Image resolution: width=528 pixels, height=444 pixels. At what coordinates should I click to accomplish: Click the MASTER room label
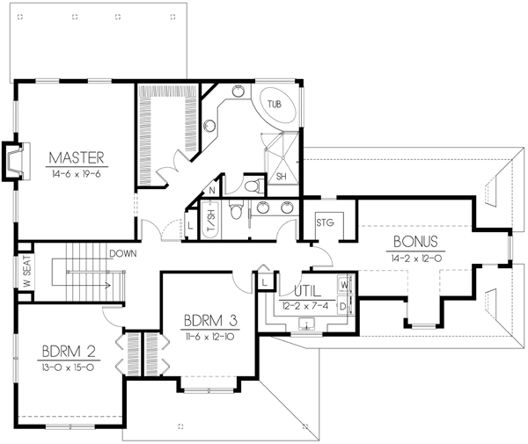pyautogui.click(x=77, y=158)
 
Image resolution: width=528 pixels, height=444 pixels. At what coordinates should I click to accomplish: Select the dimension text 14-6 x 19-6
pyautogui.click(x=77, y=173)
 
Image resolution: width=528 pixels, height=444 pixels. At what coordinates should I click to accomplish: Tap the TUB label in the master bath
pyautogui.click(x=275, y=104)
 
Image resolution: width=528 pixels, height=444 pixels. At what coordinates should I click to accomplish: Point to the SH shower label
pyautogui.click(x=281, y=176)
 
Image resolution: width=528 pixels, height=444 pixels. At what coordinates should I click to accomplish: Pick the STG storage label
pyautogui.click(x=326, y=222)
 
